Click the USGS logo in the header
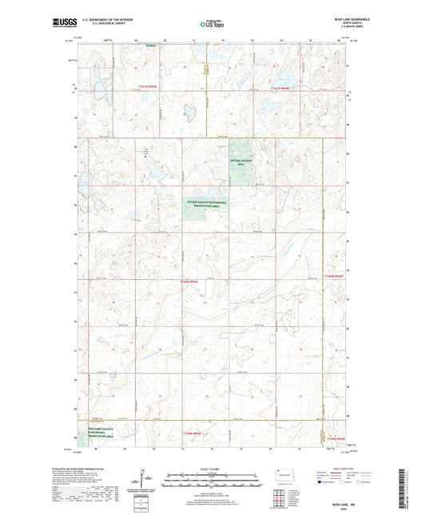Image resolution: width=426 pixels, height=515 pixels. (63, 24)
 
